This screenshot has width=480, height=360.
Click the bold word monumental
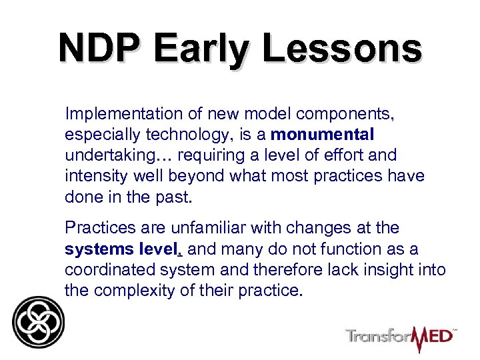[x=323, y=135]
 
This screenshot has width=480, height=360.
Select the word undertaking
[x=101, y=155]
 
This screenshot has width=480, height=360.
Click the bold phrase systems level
[x=123, y=249]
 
